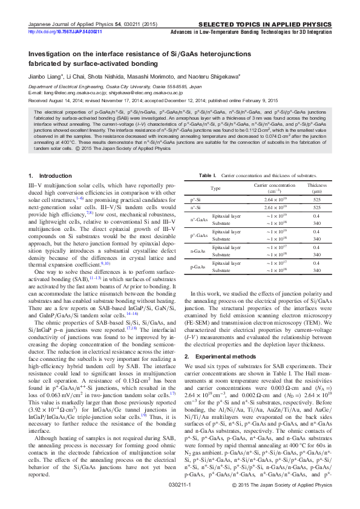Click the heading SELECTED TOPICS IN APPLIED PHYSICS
280,24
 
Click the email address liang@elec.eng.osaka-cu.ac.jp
70,93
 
